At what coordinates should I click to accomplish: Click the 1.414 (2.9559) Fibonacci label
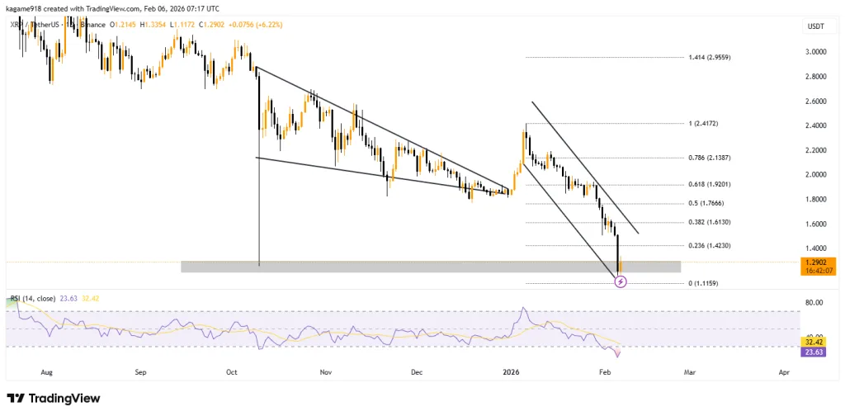[x=710, y=58]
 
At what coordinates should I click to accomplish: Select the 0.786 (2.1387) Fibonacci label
[x=710, y=157]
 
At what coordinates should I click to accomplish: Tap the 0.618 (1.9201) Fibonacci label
[x=710, y=185]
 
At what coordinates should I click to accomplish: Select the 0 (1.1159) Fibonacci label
[x=704, y=284]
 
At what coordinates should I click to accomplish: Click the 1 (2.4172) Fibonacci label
[x=704, y=124]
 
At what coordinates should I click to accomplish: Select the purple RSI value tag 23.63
[x=814, y=352]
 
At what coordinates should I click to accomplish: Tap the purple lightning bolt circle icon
[x=621, y=281]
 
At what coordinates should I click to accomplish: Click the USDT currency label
[x=814, y=27]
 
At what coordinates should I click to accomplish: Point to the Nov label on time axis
[x=325, y=373]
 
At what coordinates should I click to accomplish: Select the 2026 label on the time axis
[x=509, y=373]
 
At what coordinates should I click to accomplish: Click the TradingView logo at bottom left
[x=54, y=399]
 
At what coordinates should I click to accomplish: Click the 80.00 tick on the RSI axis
[x=814, y=303]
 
